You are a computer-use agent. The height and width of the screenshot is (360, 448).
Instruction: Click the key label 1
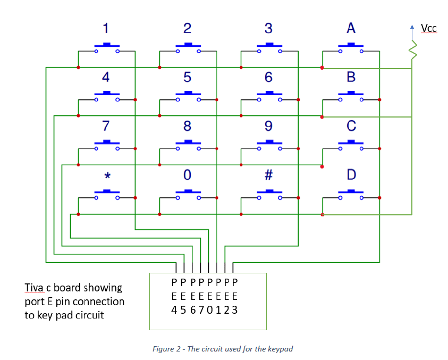click(106, 28)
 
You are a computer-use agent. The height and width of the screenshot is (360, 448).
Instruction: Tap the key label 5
click(187, 77)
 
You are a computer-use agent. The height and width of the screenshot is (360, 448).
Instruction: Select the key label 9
click(268, 126)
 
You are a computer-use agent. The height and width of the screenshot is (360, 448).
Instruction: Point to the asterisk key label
click(107, 175)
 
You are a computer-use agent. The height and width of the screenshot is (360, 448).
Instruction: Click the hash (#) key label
click(268, 175)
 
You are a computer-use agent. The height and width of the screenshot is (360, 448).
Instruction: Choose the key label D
click(351, 175)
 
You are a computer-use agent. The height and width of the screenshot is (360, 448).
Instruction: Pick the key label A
click(351, 28)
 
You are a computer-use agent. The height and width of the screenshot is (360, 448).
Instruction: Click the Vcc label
click(428, 28)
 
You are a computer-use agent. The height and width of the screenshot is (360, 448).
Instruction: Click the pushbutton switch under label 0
click(188, 194)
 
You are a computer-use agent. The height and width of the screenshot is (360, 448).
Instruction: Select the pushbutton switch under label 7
click(106, 145)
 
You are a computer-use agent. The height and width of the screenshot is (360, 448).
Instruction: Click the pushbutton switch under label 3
click(269, 47)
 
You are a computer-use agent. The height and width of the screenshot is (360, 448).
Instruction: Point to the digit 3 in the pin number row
click(234, 310)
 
